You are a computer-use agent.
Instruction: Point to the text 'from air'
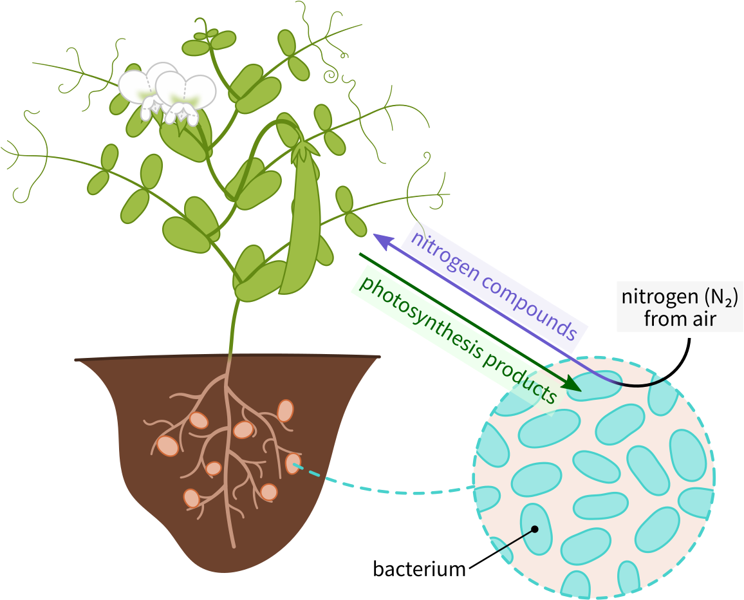click(680, 319)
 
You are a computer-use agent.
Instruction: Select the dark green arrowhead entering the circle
click(572, 384)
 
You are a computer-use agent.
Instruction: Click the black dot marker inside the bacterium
click(534, 530)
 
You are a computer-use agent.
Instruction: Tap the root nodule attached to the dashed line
click(293, 464)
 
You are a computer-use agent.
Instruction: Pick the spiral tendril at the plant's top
click(333, 76)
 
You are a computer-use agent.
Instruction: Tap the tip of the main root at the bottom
click(233, 545)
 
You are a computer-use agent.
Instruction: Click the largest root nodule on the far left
click(168, 445)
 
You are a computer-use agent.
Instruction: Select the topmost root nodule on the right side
click(285, 410)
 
